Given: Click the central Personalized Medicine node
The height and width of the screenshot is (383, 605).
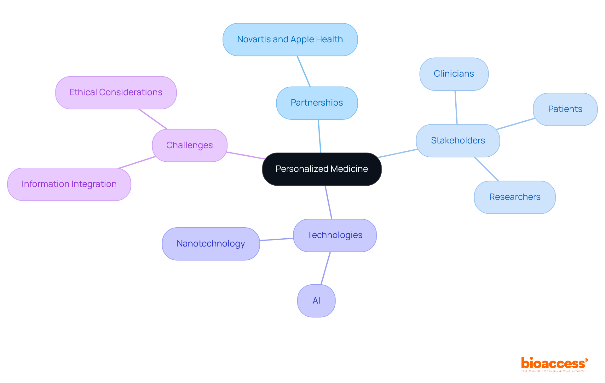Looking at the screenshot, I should [322, 169].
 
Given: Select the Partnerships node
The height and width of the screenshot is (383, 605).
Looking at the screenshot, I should [317, 103].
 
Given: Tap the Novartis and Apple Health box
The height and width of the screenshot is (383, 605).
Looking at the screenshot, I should [290, 39].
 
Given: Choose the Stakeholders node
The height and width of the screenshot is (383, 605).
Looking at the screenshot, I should [458, 141].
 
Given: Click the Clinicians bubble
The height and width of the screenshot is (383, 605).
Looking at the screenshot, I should [454, 74].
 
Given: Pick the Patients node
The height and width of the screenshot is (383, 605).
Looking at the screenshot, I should [565, 109].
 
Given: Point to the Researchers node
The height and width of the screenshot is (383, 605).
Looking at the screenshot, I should [515, 197].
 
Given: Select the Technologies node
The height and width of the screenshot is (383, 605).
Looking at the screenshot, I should [335, 235].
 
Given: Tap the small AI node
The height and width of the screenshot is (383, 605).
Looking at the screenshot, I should [316, 301].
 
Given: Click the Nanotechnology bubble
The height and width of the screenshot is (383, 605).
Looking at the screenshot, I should [211, 244].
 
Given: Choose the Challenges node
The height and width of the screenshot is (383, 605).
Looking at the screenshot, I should [189, 145].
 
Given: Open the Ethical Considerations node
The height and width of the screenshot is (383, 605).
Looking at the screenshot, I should [116, 92].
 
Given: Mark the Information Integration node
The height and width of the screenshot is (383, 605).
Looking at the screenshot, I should [69, 184].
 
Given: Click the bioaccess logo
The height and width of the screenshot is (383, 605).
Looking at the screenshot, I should [554, 364].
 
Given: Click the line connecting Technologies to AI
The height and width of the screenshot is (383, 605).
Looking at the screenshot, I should [326, 268].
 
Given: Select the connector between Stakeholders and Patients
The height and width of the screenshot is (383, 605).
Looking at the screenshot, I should [516, 124].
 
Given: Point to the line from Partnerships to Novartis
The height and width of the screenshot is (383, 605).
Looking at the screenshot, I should [304, 71].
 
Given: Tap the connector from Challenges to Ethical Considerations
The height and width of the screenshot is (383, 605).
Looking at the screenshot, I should [153, 119].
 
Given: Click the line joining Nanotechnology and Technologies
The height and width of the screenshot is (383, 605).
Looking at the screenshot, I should [276, 240].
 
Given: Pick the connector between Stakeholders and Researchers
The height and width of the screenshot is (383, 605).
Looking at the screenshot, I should [486, 169].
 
